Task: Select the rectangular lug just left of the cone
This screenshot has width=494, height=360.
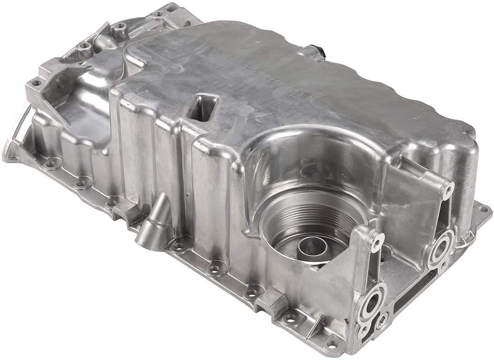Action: pyautogui.click(x=126, y=209)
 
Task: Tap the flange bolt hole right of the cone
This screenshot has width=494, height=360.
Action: pyautogui.click(x=180, y=247)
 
